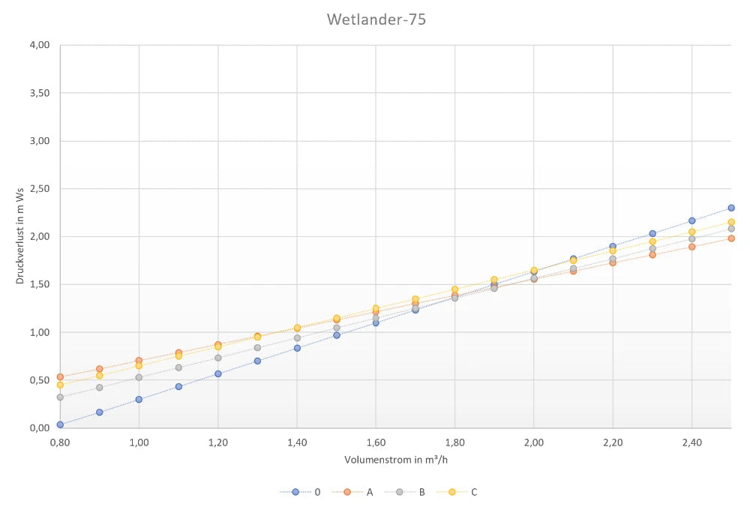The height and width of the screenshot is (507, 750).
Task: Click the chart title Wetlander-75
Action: [x=376, y=20]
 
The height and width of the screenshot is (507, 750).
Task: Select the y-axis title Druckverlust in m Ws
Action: [x=20, y=236]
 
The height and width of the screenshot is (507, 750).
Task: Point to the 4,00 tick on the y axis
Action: [x=39, y=45]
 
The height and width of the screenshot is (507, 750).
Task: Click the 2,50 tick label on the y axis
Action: [x=39, y=189]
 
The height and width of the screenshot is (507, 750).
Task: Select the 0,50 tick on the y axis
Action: [x=39, y=380]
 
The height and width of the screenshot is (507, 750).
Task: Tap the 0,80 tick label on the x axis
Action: [x=60, y=442]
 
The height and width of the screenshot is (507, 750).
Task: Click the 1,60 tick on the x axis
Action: [x=376, y=442]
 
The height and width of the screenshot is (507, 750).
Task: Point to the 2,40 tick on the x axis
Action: [x=691, y=442]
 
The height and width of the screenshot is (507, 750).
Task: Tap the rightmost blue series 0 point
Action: [x=731, y=208]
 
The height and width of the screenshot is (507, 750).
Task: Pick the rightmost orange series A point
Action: [x=731, y=238]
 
